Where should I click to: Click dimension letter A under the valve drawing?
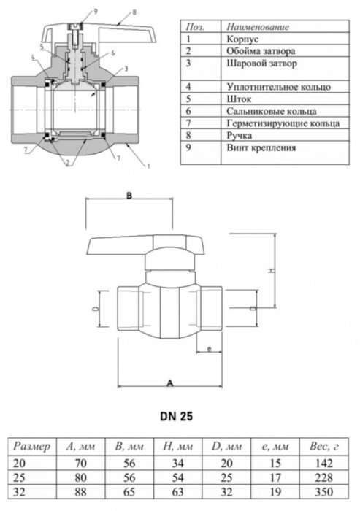pos(169,383)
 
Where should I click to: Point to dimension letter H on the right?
pos(269,271)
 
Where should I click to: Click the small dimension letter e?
pos(210,350)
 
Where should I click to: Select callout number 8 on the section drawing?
pos(134,12)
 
